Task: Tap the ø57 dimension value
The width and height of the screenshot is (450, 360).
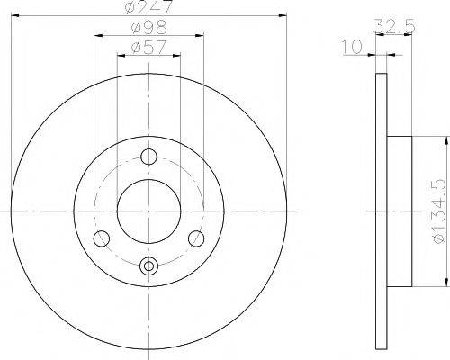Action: tap(148, 46)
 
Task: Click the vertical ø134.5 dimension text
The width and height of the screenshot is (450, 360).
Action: tap(436, 211)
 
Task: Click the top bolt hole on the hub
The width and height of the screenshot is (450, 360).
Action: tap(149, 156)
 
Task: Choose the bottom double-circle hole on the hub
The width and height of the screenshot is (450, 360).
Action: tap(149, 265)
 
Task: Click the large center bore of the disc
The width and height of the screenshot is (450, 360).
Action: tap(149, 211)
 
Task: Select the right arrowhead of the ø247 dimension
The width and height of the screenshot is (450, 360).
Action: tap(282, 17)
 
